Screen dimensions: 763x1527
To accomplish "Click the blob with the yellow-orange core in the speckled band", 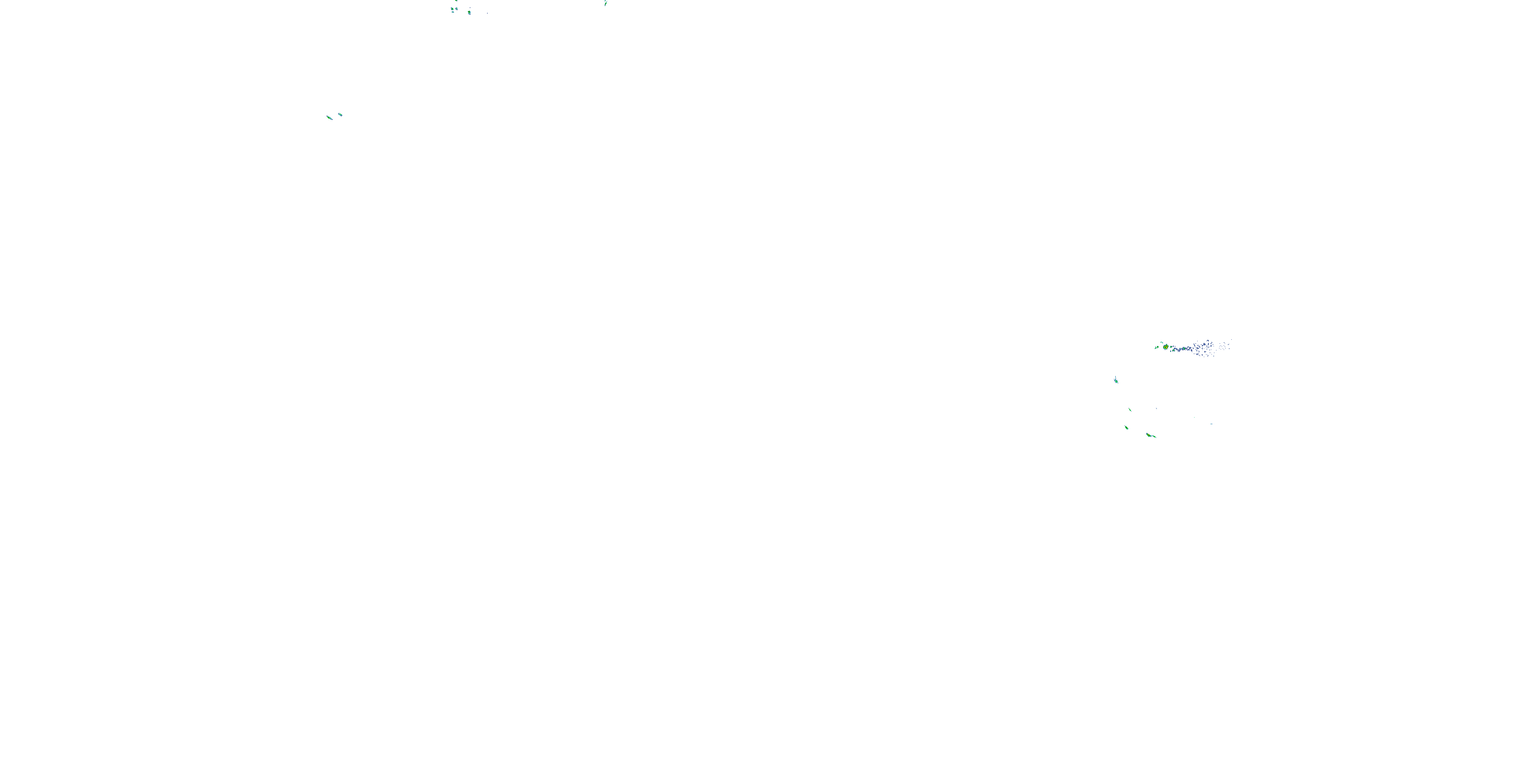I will pos(1166,346).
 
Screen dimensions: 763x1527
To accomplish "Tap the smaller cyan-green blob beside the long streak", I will pos(340,114).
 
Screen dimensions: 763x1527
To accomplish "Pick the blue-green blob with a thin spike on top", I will pos(1116,381).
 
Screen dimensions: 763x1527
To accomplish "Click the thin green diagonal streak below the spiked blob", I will pos(1130,409).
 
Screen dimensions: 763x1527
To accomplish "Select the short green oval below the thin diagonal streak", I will pos(1126,428).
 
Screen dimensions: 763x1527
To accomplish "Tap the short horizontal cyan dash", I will pos(1211,424).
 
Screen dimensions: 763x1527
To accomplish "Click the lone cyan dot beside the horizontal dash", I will pos(1195,418).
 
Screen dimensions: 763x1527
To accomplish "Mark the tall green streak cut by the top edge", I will pos(605,3).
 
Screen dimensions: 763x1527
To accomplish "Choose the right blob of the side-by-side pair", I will pos(457,9).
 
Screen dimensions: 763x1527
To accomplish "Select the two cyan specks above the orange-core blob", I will pos(1163,342).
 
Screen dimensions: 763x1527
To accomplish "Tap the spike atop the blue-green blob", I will pos(1116,377).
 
